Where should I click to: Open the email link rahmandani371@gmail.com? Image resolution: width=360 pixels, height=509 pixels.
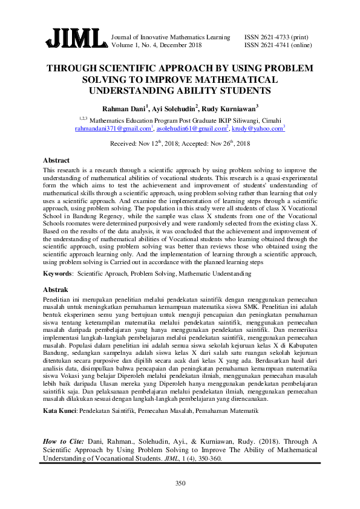[112, 129]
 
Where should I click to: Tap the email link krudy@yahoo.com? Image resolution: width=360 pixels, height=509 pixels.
[257, 129]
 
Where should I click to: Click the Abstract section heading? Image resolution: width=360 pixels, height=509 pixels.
[56, 161]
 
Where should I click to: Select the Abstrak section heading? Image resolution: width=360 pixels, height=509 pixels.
[56, 290]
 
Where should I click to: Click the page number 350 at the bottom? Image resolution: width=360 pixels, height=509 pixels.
[180, 483]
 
